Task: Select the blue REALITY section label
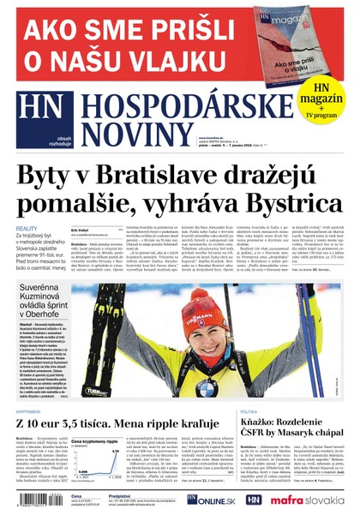(27, 229)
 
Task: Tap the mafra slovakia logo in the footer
(310, 500)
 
